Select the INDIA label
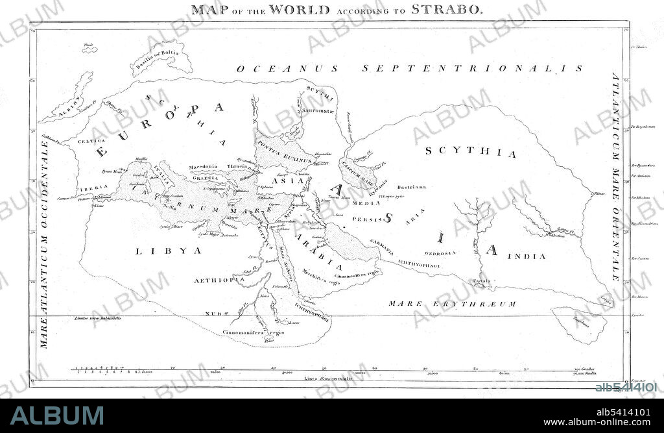tap(526, 256)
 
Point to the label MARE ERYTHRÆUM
tap(452, 304)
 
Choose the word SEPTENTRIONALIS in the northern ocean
tap(472, 68)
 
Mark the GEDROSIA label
tap(441, 253)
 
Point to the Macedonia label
tap(203, 167)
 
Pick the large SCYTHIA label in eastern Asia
tap(471, 154)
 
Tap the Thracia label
tap(237, 167)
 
